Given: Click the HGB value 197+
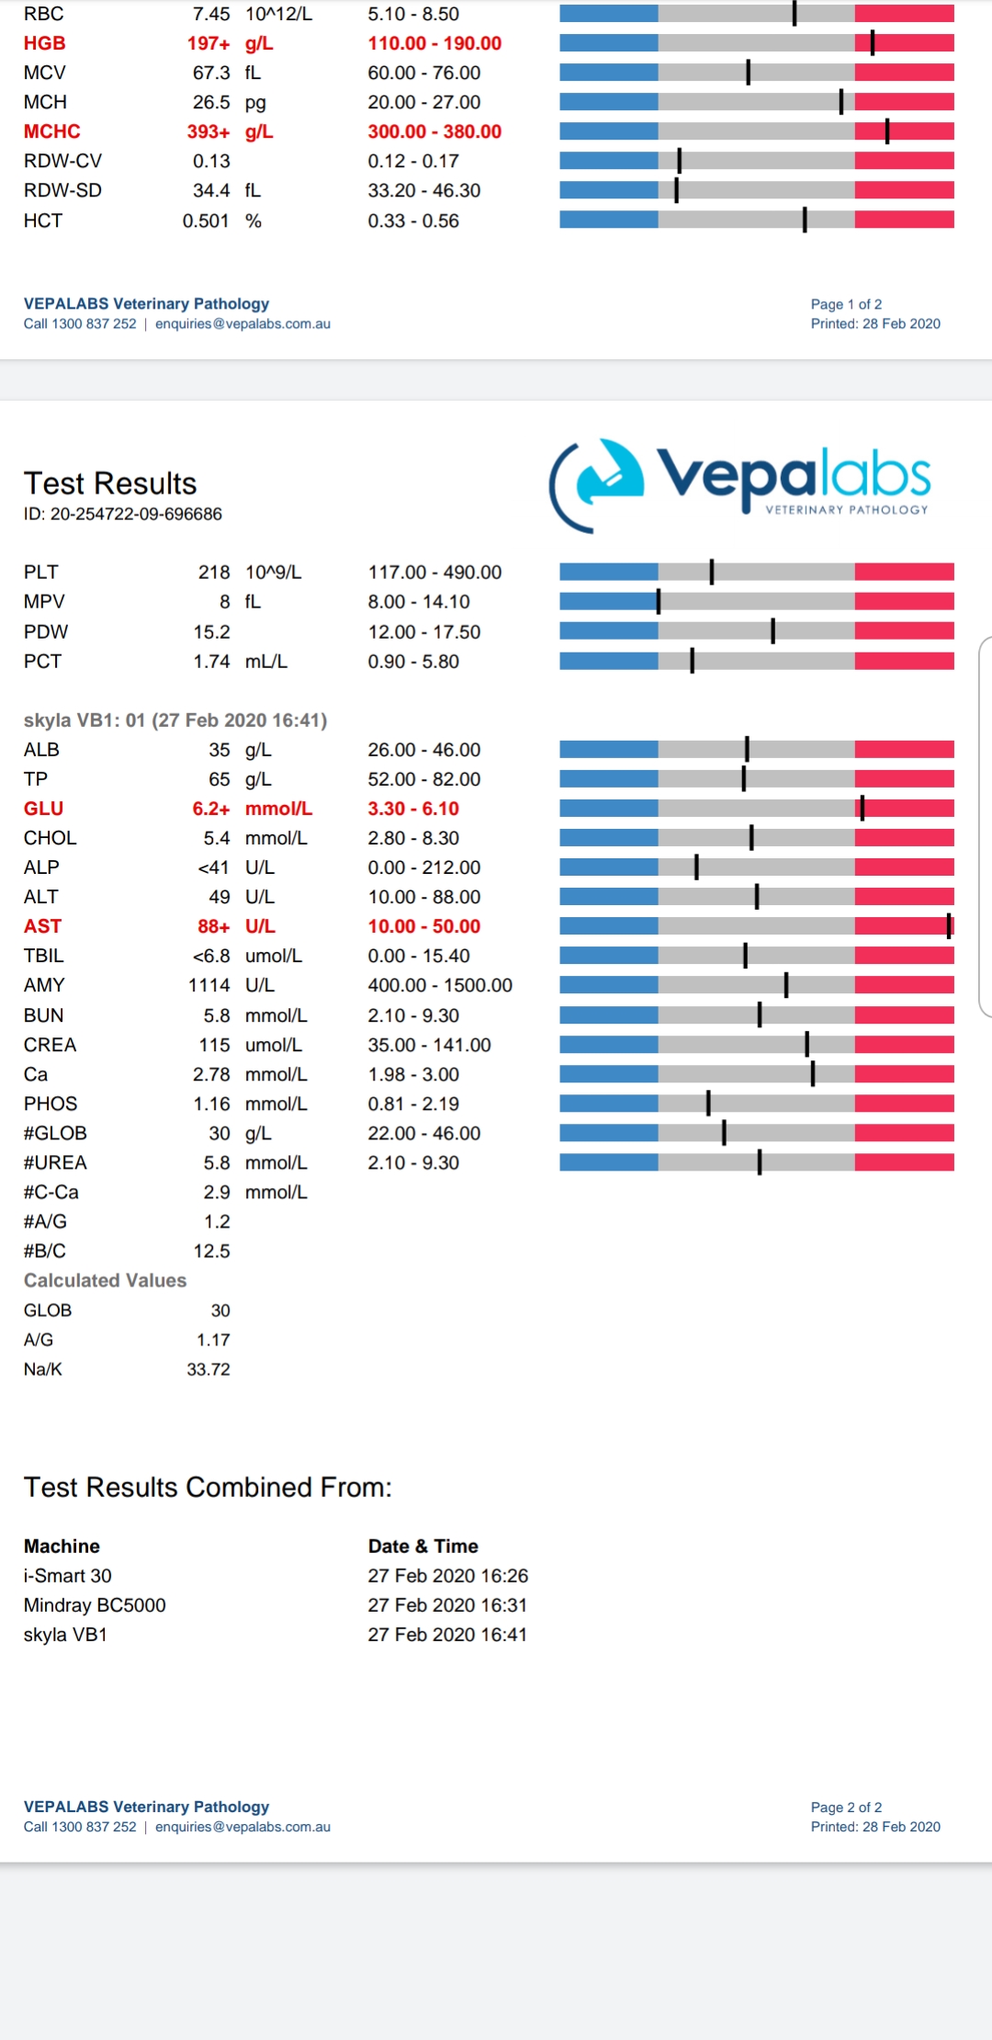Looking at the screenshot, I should pos(209,43).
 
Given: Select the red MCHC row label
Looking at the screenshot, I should pos(52,131).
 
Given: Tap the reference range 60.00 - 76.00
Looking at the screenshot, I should pos(424,73).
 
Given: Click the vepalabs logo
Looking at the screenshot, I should pos(739,484).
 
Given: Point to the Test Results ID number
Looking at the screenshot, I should pos(123,514).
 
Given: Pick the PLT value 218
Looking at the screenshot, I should pos(214,572).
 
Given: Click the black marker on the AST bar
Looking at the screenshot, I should pos(949,926).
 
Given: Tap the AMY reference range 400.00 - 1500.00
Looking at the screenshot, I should pos(440,985).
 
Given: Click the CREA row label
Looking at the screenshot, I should pos(51,1045).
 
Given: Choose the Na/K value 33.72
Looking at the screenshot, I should pos(209,1369).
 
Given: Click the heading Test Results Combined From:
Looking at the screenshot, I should pos(208,1487).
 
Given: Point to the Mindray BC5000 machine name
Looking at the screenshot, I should pos(95,1605).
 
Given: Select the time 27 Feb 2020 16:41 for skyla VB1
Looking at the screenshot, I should pos(447,1635).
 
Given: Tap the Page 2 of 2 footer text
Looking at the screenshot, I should pos(846,1807).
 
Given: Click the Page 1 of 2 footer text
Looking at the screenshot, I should pos(846,304).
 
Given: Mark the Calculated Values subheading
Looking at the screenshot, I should pos(105,1280).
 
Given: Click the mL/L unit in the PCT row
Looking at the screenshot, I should pos(266,662).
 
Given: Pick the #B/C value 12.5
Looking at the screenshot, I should pos(212,1251).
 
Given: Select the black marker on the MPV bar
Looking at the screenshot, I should pos(659,602).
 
